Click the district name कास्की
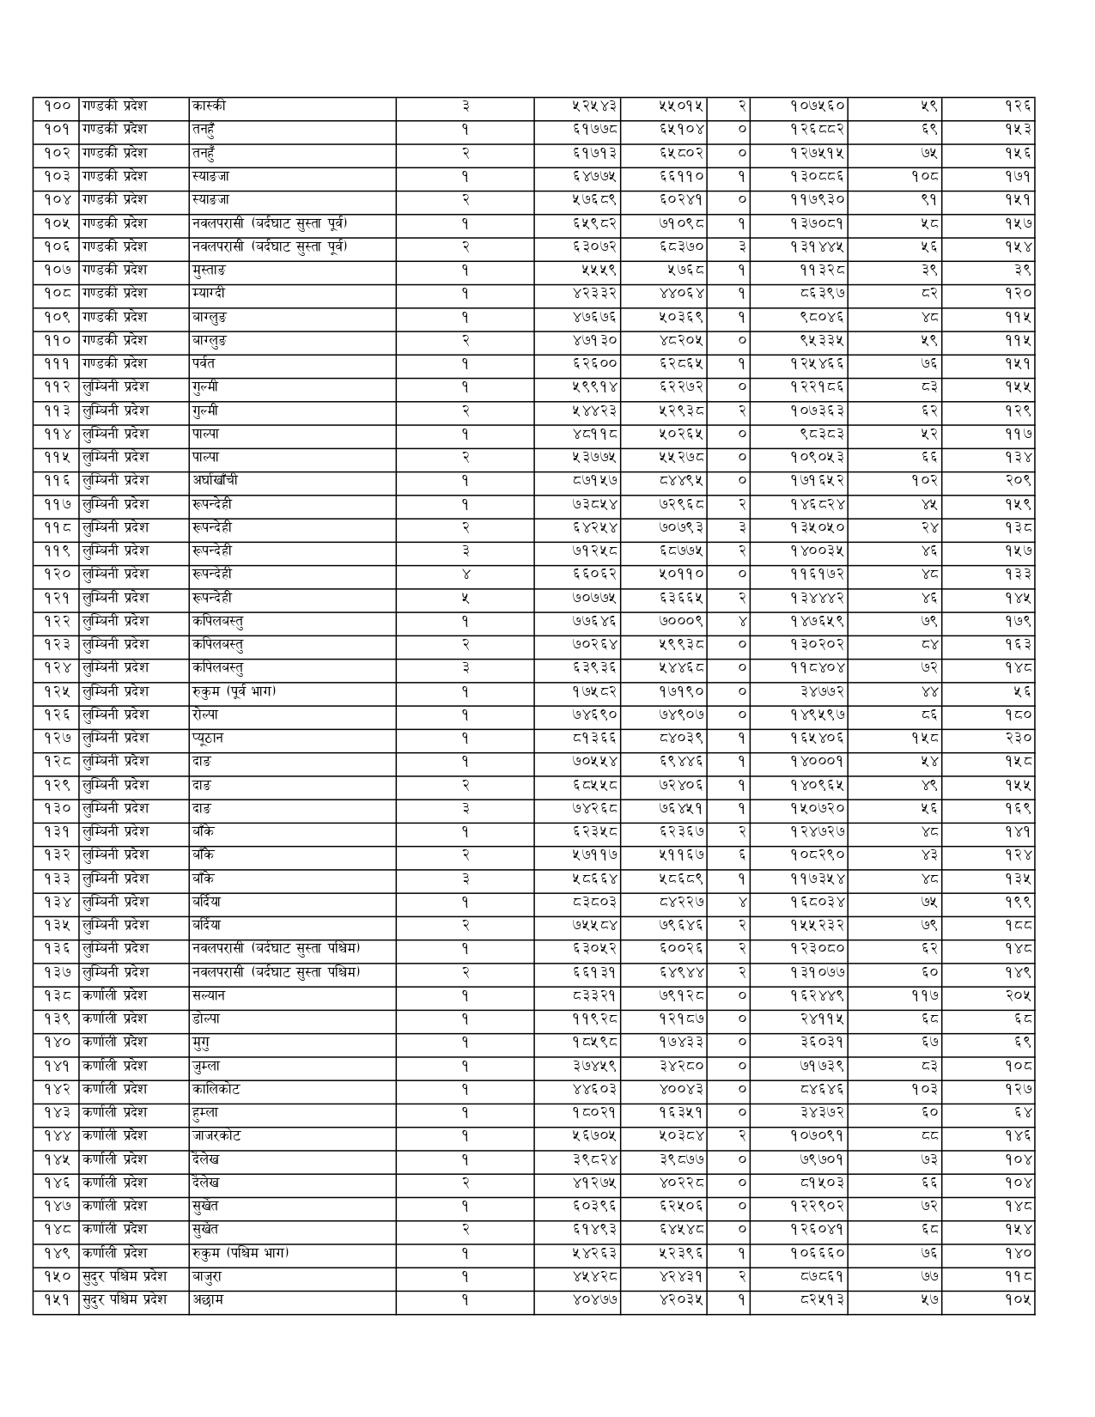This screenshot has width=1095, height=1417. pyautogui.click(x=210, y=106)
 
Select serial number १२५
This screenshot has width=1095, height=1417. pyautogui.click(x=57, y=691)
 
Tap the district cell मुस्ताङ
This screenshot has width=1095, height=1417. pyautogui.click(x=210, y=270)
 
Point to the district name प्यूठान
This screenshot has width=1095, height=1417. pyautogui.click(x=209, y=739)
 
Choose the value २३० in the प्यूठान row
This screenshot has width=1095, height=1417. pyautogui.click(x=1018, y=739)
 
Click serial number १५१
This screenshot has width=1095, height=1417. pyautogui.click(x=57, y=1300)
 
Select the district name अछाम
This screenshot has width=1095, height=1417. pyautogui.click(x=209, y=1300)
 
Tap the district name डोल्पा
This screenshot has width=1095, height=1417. pyautogui.click(x=207, y=1019)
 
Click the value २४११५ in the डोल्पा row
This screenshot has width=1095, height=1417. pyautogui.click(x=822, y=1019)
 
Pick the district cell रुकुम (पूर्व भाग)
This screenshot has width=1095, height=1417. pyautogui.click(x=234, y=691)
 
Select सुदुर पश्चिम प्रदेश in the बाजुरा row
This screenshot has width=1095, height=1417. pyautogui.click(x=125, y=1277)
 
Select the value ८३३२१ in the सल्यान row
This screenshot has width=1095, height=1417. pyautogui.click(x=593, y=996)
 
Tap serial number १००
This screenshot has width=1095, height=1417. pyautogui.click(x=57, y=106)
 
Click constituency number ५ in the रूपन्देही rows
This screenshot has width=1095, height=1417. pyautogui.click(x=465, y=598)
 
